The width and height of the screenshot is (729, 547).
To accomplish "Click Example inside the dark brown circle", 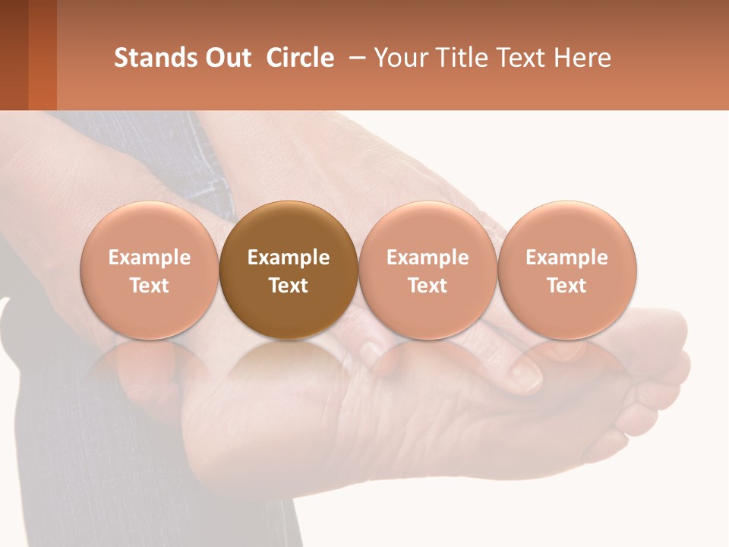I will [289, 258].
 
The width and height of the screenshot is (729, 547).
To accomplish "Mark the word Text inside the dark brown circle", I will [289, 286].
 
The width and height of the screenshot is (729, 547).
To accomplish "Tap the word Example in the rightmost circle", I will [567, 258].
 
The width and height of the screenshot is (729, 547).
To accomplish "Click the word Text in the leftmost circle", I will [149, 286].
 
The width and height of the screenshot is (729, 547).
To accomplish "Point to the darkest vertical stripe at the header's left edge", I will [14, 55].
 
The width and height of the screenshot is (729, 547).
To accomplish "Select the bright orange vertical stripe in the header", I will [43, 55].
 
